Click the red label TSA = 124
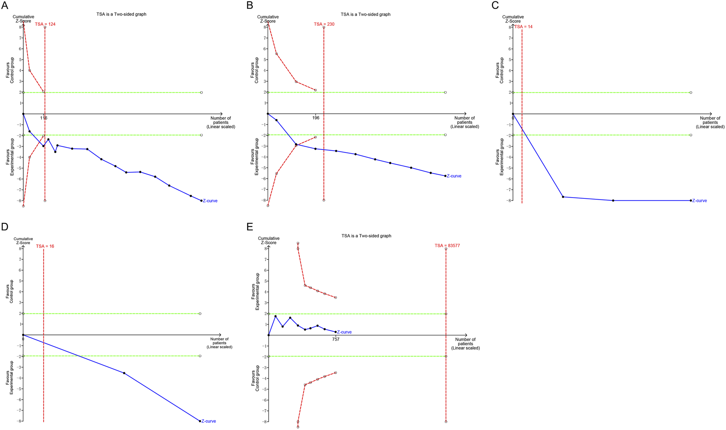point(45,24)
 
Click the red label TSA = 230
point(324,24)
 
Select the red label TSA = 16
point(45,246)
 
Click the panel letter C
point(495,5)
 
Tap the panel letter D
point(5,227)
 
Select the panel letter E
point(250,227)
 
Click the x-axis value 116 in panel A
point(43,118)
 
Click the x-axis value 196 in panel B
point(315,118)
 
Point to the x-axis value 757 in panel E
point(336,339)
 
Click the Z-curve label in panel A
point(210,201)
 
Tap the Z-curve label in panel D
point(209,421)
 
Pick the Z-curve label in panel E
point(344,332)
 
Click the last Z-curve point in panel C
point(691,200)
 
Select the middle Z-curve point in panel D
point(124,373)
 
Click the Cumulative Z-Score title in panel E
point(269,240)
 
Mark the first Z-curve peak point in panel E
point(275,316)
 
